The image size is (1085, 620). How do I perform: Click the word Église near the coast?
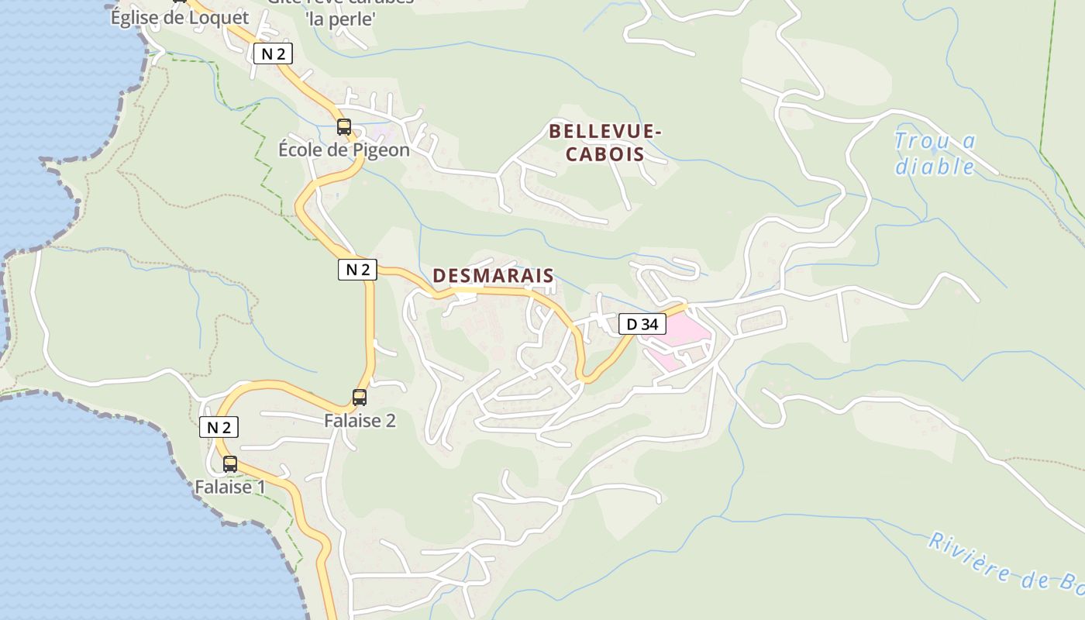point(136,17)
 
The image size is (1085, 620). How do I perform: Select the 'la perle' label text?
point(341,19)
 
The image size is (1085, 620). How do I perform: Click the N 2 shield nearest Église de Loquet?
point(273,53)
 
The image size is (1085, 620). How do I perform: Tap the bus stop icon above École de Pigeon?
point(343,127)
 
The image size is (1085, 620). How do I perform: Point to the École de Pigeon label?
point(343,150)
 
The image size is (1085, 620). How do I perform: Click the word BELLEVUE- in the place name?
point(604,132)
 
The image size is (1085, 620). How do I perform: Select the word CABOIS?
point(604,153)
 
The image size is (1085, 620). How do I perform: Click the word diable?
point(935,167)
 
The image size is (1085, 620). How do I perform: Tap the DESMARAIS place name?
point(493,275)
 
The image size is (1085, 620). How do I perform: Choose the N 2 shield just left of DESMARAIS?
point(357,270)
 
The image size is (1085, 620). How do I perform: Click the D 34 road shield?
point(642,324)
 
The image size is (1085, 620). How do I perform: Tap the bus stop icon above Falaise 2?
point(360,398)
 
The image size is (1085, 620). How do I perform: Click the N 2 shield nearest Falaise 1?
point(219,427)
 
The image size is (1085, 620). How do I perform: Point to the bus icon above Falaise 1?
point(230,464)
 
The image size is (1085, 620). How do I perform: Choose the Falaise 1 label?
point(229,487)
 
